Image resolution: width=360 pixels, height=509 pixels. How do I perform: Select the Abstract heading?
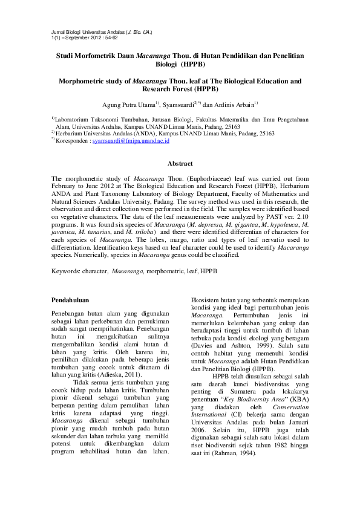[180, 164]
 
